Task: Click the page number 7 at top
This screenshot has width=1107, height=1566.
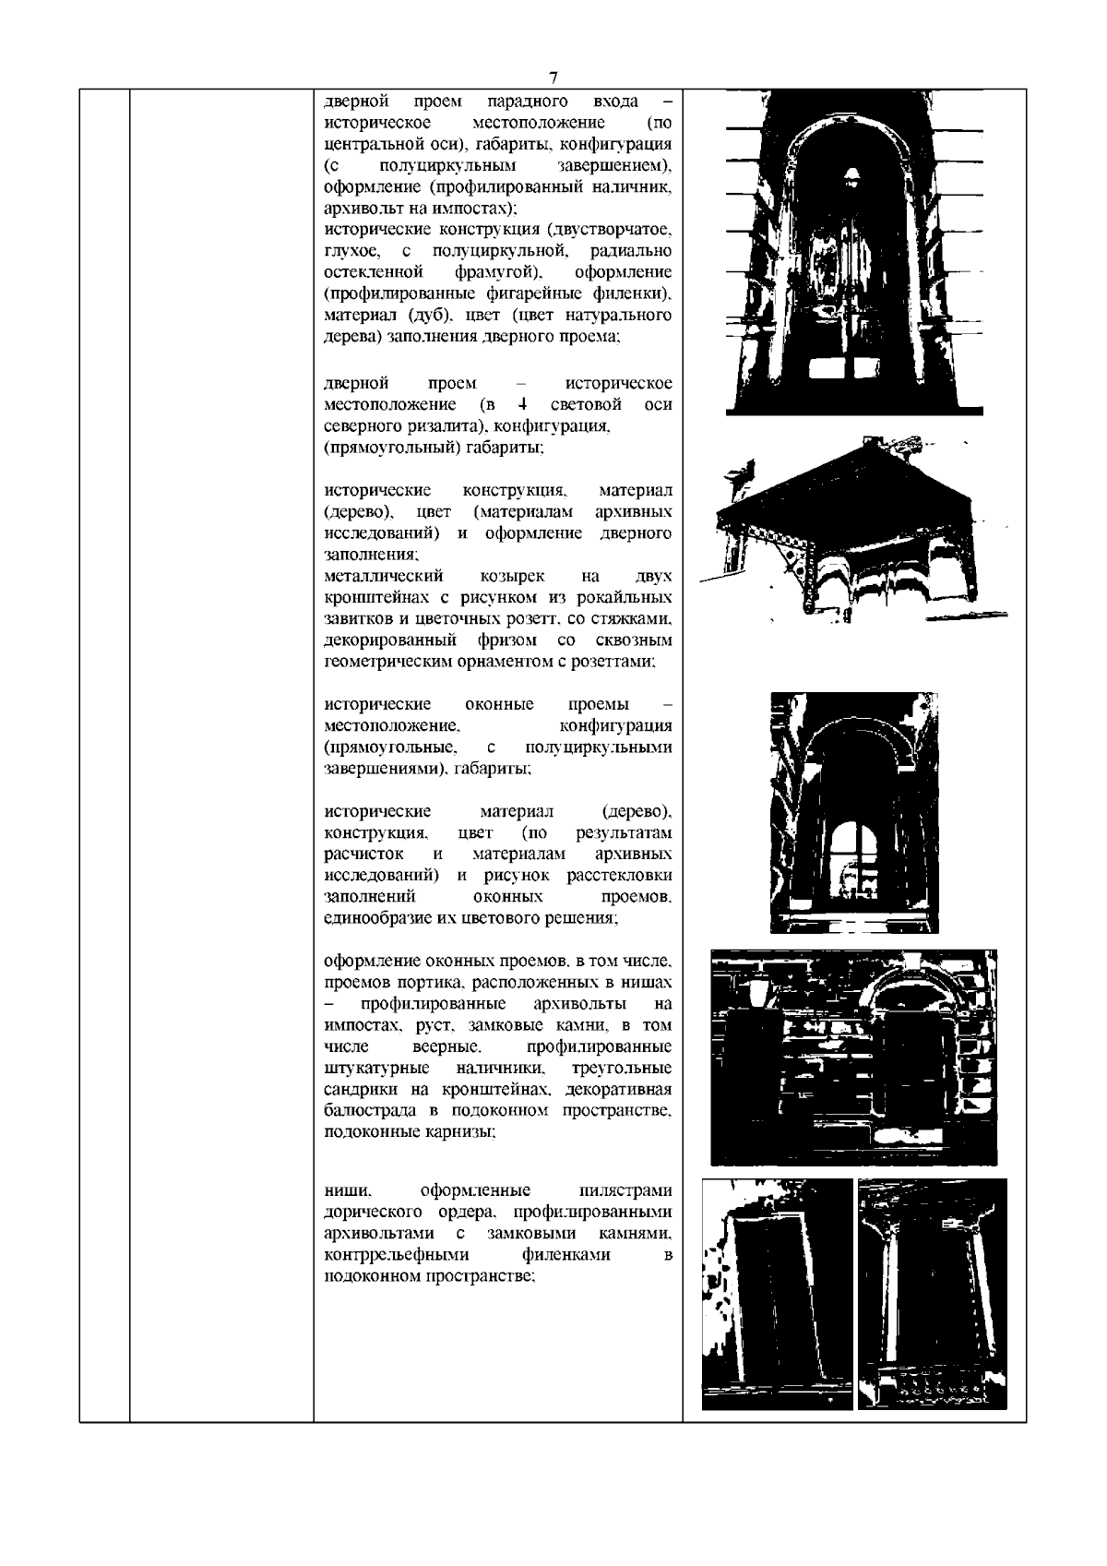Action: coord(553,78)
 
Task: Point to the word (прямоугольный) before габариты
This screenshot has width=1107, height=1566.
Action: coord(382,448)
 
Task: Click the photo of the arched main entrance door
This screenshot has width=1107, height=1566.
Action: coord(854,251)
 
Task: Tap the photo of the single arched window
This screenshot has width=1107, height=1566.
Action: coord(854,812)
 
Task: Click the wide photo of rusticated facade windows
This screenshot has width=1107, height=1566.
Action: coord(853,1058)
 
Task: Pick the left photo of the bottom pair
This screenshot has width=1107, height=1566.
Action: coord(777,1294)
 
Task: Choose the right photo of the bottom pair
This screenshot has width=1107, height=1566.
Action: coord(932,1294)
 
